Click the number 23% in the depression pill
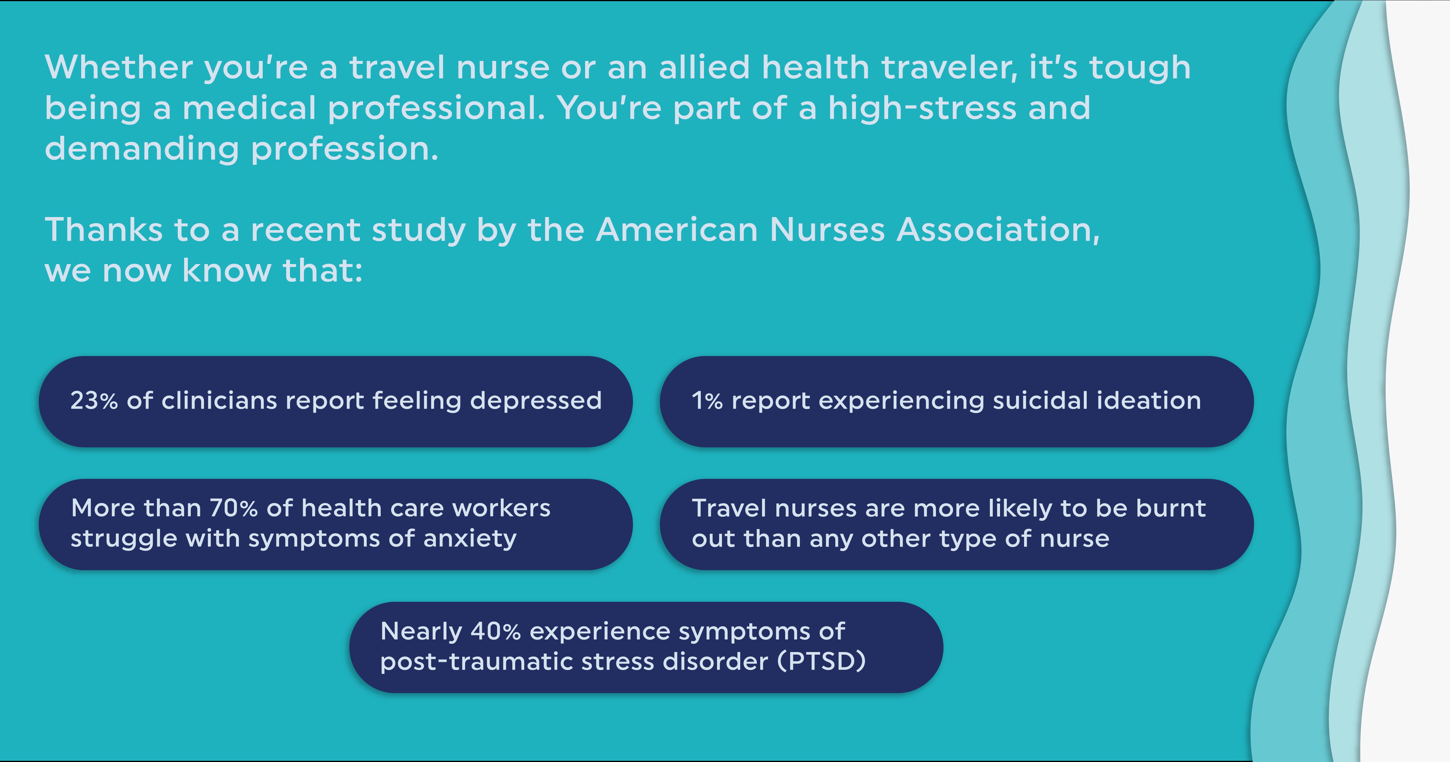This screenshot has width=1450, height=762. [x=94, y=400]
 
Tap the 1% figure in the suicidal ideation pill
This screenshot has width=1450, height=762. [x=707, y=400]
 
